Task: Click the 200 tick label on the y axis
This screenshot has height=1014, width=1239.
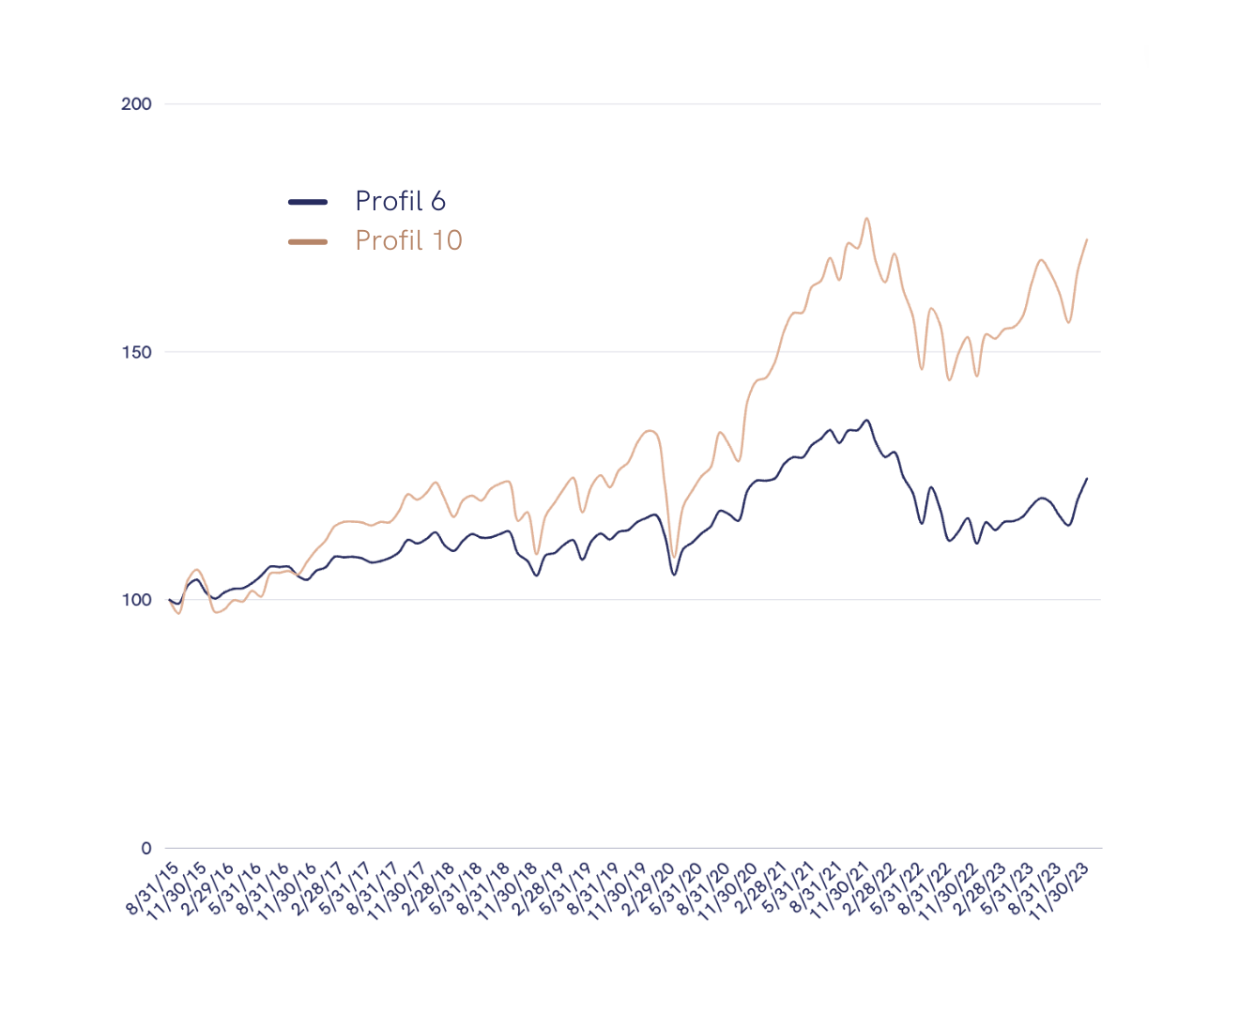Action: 136,104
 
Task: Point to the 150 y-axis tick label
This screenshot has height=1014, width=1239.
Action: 136,352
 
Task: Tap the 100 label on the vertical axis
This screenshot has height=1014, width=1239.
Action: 136,600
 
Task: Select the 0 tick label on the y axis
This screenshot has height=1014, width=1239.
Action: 146,848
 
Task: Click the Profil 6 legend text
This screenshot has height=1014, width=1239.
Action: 400,201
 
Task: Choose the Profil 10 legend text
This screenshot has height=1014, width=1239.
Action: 408,240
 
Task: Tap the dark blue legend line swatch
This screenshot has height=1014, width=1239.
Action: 308,202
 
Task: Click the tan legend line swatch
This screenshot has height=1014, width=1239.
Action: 308,241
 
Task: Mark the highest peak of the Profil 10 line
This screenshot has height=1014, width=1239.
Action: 867,219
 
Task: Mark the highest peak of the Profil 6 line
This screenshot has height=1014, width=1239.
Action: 867,421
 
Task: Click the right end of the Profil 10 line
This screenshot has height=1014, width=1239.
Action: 1087,239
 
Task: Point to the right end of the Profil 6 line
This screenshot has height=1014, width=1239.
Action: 1087,479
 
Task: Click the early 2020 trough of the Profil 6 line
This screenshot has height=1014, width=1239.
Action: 675,575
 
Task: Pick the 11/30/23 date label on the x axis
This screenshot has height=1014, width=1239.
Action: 1060,891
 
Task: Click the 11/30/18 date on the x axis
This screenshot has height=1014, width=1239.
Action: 508,891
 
